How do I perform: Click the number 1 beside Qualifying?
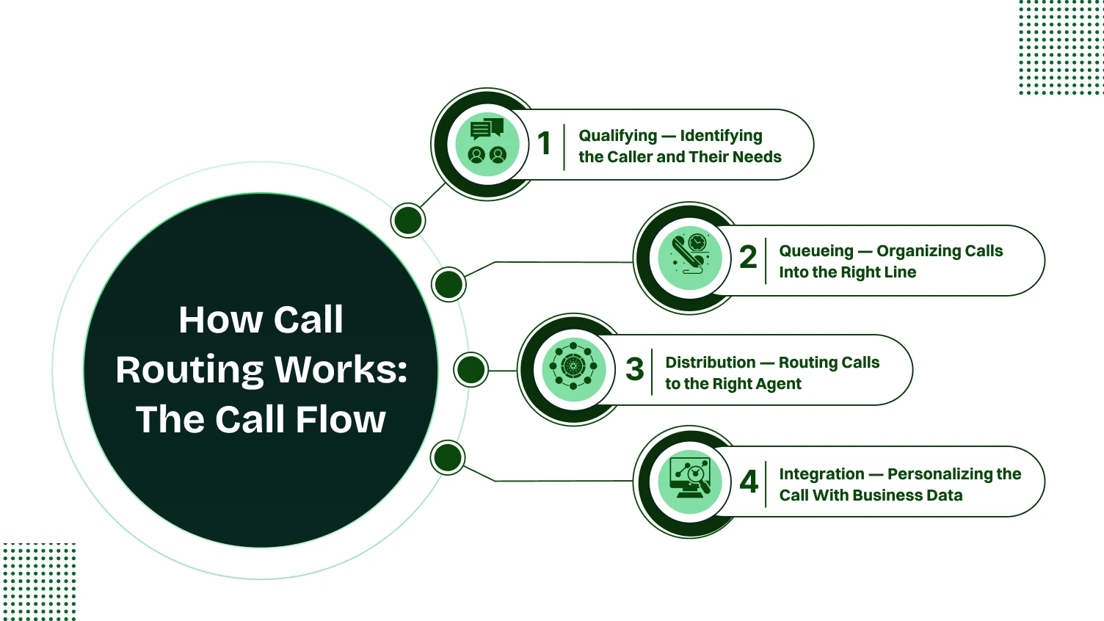(x=544, y=143)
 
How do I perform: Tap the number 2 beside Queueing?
(x=748, y=257)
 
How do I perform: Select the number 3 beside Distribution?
(x=634, y=368)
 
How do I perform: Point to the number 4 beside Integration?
(x=749, y=482)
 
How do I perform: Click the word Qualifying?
(x=617, y=136)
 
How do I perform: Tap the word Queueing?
(x=816, y=251)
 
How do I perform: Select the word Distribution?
(x=710, y=363)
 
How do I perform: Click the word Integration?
(x=821, y=474)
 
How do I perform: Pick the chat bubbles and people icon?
(x=487, y=144)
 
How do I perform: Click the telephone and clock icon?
(x=690, y=258)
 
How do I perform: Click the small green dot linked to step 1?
(x=408, y=219)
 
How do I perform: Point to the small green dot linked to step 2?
(x=448, y=284)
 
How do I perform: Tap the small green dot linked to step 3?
(x=471, y=369)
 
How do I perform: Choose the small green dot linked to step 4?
(x=448, y=458)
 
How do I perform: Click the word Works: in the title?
(x=344, y=369)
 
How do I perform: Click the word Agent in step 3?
(x=778, y=384)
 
